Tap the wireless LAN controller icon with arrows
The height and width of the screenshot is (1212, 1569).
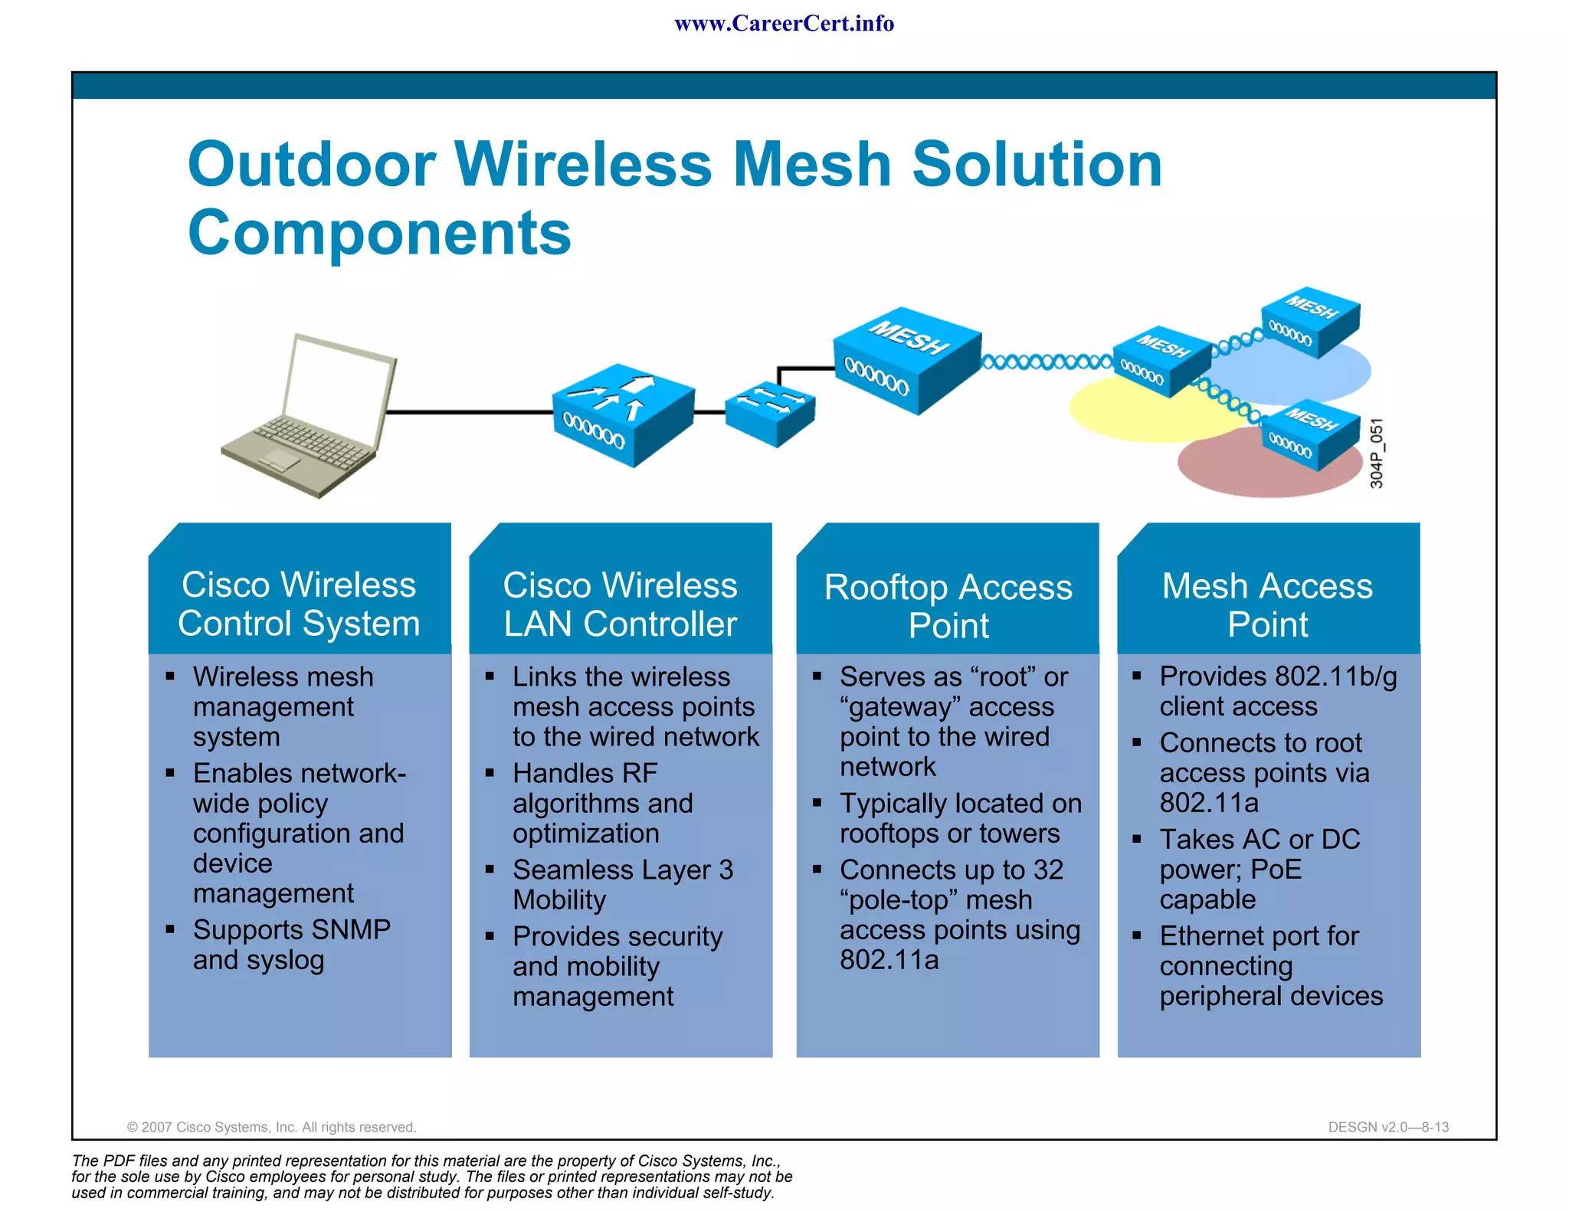pyautogui.click(x=622, y=414)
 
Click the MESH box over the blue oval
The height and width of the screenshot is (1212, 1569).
pyautogui.click(x=1310, y=322)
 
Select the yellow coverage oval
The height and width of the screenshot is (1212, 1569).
pyautogui.click(x=1111, y=414)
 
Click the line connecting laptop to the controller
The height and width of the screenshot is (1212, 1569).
pyautogui.click(x=467, y=412)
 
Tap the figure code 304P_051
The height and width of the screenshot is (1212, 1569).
pyautogui.click(x=1377, y=454)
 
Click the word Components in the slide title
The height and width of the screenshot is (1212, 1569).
pyautogui.click(x=379, y=233)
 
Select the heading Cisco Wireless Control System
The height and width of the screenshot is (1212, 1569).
pyautogui.click(x=299, y=604)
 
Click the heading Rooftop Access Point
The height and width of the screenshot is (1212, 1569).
pyautogui.click(x=948, y=606)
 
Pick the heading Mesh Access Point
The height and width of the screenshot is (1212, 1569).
pyautogui.click(x=1267, y=604)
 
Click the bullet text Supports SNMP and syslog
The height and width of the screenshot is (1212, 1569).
pyautogui.click(x=291, y=944)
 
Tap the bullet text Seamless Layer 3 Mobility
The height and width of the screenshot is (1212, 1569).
pyautogui.click(x=622, y=884)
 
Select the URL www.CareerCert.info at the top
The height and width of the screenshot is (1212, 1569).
pyautogui.click(x=784, y=24)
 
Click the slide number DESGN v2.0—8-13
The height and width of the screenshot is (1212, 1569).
pyautogui.click(x=1387, y=1127)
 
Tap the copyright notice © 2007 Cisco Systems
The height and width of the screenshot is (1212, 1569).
pyautogui.click(x=271, y=1127)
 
